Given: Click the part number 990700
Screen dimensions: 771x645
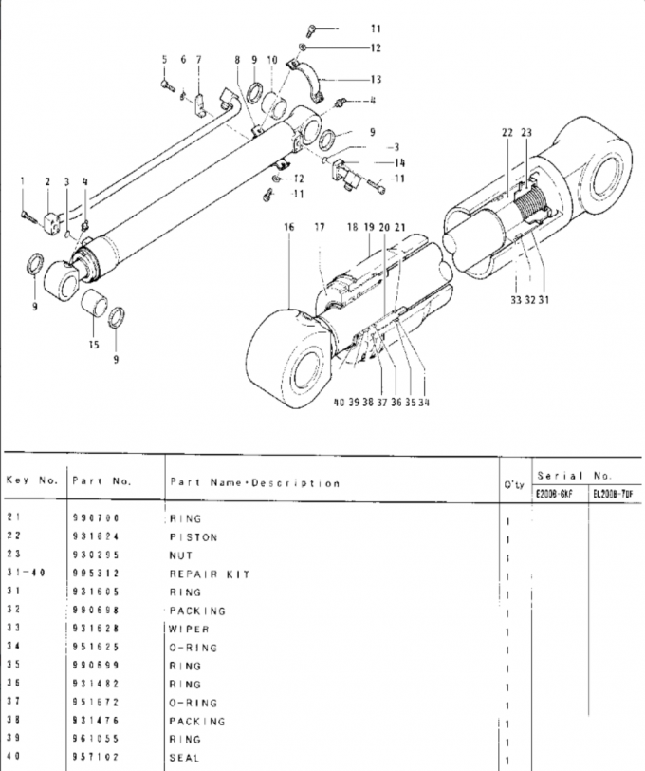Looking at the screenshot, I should pos(94,519).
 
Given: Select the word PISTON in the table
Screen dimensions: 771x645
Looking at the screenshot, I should pos(193,537).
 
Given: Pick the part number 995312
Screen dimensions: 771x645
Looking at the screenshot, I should pos(94,574).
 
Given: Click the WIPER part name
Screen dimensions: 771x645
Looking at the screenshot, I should pos(189,630).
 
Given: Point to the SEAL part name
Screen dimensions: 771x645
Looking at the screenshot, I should pos(185,758).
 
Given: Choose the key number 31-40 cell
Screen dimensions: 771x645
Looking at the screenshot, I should pos(28,574).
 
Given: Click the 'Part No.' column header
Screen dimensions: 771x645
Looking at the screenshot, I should pos(101,480).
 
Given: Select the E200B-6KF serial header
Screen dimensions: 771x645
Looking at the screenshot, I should pos(554,494).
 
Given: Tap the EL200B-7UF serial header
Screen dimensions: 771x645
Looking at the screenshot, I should pos(613,494).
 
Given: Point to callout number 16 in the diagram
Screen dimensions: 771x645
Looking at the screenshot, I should pos(289,228).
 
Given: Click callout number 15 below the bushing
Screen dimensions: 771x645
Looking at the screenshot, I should pos(94,345).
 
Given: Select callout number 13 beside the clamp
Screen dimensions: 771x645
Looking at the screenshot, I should pos(376,79).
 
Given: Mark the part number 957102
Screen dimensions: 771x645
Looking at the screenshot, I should pos(94,758).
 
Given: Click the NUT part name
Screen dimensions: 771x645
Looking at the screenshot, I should pos(180,555).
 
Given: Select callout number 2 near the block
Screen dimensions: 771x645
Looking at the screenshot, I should pos(47,180).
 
